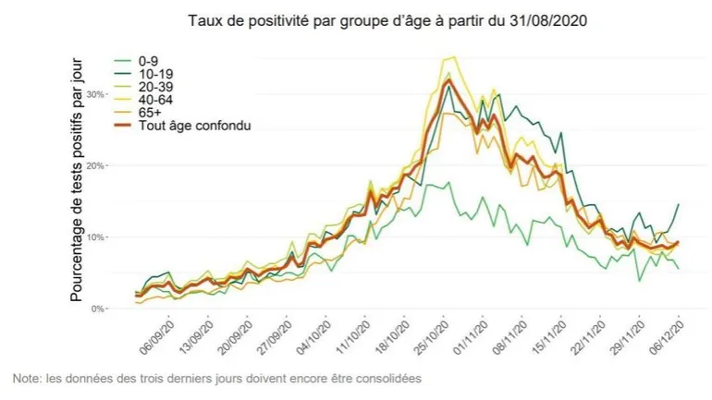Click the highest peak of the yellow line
point(454,57)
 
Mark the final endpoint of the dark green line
point(680,204)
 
